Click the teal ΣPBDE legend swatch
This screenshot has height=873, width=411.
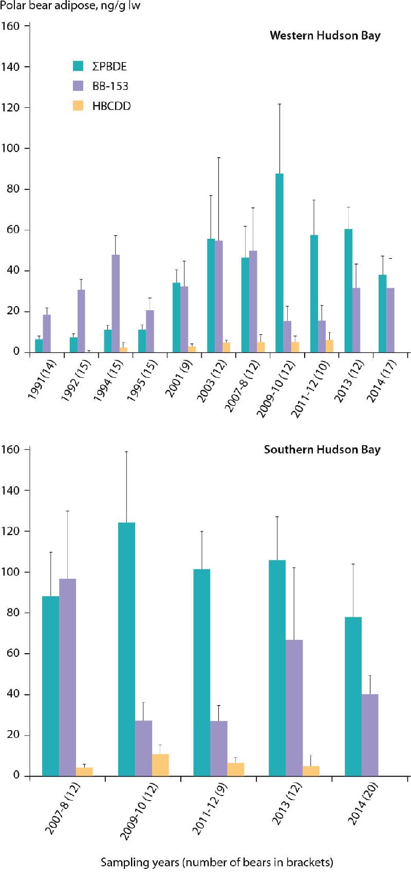(x=78, y=66)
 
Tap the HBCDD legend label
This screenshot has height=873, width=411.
(x=111, y=106)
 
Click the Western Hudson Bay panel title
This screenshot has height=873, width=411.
(x=325, y=35)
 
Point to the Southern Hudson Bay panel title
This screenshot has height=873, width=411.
(x=322, y=449)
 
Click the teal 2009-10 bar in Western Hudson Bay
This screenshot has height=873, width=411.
(x=279, y=263)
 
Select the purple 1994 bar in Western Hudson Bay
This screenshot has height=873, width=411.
(x=116, y=303)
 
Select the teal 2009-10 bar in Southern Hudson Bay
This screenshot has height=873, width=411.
(x=126, y=649)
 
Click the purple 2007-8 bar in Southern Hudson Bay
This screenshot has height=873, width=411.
(x=67, y=677)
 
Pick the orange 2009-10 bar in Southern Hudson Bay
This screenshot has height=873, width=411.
(x=160, y=765)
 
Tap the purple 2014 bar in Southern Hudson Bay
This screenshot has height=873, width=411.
(x=370, y=735)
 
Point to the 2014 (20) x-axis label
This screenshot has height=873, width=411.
(x=364, y=803)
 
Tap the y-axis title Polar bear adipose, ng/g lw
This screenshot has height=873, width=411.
(x=71, y=6)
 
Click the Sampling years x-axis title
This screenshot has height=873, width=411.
(x=216, y=862)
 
